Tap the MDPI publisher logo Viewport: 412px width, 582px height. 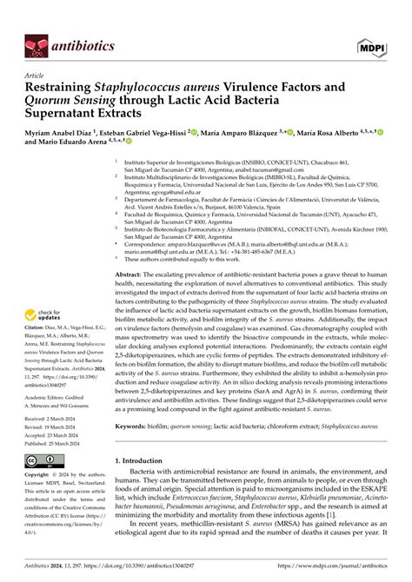tap(383, 43)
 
